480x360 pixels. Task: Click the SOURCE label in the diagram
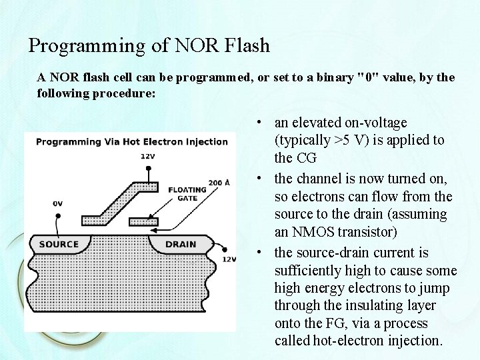(x=59, y=244)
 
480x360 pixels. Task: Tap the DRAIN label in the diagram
(x=180, y=244)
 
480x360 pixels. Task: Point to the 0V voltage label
(x=59, y=203)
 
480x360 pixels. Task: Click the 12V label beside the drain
(x=229, y=259)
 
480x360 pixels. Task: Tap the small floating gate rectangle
(x=144, y=219)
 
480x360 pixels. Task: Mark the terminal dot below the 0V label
(x=59, y=215)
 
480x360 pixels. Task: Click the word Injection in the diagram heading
(x=207, y=141)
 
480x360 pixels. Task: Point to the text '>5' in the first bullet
(x=342, y=141)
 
